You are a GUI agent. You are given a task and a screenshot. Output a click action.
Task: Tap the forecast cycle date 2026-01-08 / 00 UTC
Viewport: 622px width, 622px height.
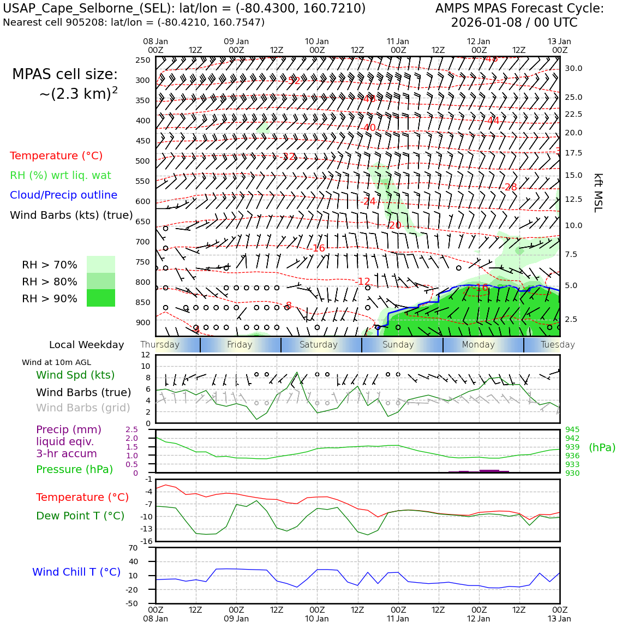point(514,23)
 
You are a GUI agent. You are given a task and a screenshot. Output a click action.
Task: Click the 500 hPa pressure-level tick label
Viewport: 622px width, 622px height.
point(143,161)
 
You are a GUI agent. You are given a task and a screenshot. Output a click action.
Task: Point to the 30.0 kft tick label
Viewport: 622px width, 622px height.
point(573,68)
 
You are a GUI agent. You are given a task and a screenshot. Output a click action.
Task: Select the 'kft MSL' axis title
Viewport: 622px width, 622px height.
point(599,193)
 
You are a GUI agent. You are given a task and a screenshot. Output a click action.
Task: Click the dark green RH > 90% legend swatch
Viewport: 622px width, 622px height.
point(101,298)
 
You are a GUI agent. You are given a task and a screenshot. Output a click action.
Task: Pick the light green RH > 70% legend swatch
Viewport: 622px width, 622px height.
point(101,264)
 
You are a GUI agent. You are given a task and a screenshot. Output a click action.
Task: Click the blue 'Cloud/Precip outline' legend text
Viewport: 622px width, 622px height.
point(63,195)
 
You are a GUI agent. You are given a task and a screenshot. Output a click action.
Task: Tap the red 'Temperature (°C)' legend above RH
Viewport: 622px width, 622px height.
point(56,155)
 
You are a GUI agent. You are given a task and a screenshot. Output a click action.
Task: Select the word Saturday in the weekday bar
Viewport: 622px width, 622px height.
point(319,345)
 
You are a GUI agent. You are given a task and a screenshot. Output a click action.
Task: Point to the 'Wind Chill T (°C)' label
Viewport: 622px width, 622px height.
point(76,572)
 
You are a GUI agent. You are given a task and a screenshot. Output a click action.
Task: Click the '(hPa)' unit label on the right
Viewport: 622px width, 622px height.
point(602,447)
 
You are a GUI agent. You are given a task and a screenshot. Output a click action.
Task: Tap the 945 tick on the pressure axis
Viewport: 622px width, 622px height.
point(572,429)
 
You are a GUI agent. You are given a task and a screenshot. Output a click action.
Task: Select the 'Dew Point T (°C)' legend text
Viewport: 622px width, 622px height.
point(80,516)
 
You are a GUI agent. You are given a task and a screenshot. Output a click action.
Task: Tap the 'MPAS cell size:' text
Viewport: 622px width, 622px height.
point(65,74)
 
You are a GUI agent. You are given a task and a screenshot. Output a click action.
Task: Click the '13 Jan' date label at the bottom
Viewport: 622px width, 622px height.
point(559,618)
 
